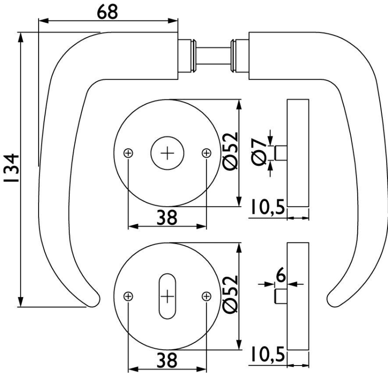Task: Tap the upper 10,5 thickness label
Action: [x=267, y=208]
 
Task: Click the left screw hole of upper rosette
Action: [x=129, y=153]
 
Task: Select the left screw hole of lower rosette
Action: [x=129, y=296]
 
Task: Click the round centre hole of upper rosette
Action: [x=168, y=153]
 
